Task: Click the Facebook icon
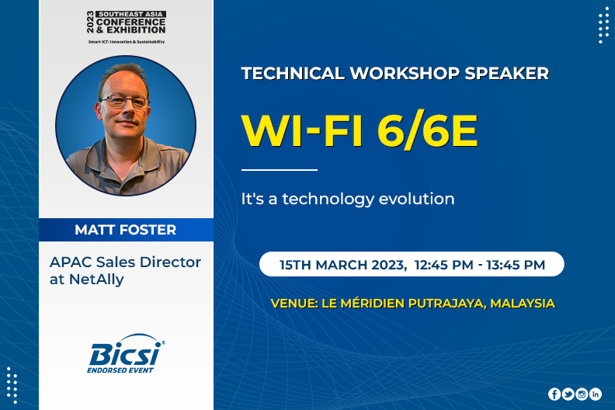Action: (554, 394)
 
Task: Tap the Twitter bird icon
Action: (568, 394)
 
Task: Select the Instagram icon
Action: (582, 394)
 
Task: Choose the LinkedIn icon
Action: (596, 394)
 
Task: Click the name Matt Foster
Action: (126, 230)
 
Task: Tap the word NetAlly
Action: (96, 280)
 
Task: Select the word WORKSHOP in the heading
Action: (405, 73)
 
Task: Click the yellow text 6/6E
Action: (428, 131)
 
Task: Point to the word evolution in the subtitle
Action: (416, 199)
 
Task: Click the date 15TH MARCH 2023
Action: (342, 265)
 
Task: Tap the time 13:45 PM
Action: (516, 265)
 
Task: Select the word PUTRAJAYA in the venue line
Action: (445, 304)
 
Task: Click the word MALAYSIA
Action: (523, 304)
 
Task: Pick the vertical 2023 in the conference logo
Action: (91, 22)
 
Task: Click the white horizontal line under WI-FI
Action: (280, 170)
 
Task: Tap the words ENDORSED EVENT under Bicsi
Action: (120, 370)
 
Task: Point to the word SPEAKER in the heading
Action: (507, 73)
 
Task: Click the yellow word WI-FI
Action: (302, 131)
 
